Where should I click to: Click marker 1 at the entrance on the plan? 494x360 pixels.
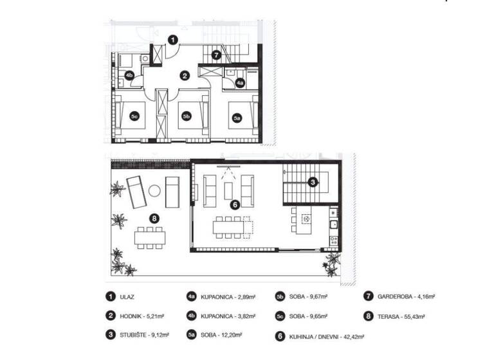pyautogui.click(x=173, y=40)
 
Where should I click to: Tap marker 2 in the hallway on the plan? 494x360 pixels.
pyautogui.click(x=185, y=75)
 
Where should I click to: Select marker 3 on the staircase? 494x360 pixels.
pyautogui.click(x=311, y=182)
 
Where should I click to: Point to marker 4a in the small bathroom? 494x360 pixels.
pyautogui.click(x=240, y=83)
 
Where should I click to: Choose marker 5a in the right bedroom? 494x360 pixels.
pyautogui.click(x=237, y=118)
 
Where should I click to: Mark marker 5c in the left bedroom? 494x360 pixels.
pyautogui.click(x=135, y=117)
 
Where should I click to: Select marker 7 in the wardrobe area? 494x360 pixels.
pyautogui.click(x=217, y=55)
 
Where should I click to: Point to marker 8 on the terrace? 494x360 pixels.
pyautogui.click(x=154, y=218)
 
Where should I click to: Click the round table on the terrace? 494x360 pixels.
pyautogui.click(x=154, y=190)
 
